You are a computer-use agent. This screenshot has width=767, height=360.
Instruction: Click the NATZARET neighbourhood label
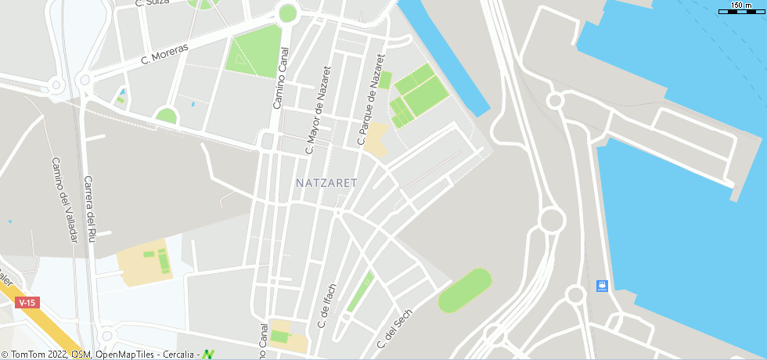326,183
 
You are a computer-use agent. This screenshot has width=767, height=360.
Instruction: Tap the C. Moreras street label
164,54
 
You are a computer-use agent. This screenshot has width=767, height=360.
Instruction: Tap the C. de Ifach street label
327,305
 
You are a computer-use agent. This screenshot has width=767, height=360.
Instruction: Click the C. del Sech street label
394,329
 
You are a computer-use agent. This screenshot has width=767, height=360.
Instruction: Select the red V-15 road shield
27,303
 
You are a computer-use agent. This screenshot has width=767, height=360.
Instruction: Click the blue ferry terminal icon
601,286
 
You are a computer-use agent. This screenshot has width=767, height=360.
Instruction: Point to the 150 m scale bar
741,8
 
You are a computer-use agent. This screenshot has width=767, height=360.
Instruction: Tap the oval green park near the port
465,290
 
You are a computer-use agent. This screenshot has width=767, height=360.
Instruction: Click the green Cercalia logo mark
208,355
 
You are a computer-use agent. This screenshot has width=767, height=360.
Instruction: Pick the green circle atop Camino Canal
287,13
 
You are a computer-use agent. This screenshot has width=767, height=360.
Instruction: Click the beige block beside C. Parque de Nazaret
377,139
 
